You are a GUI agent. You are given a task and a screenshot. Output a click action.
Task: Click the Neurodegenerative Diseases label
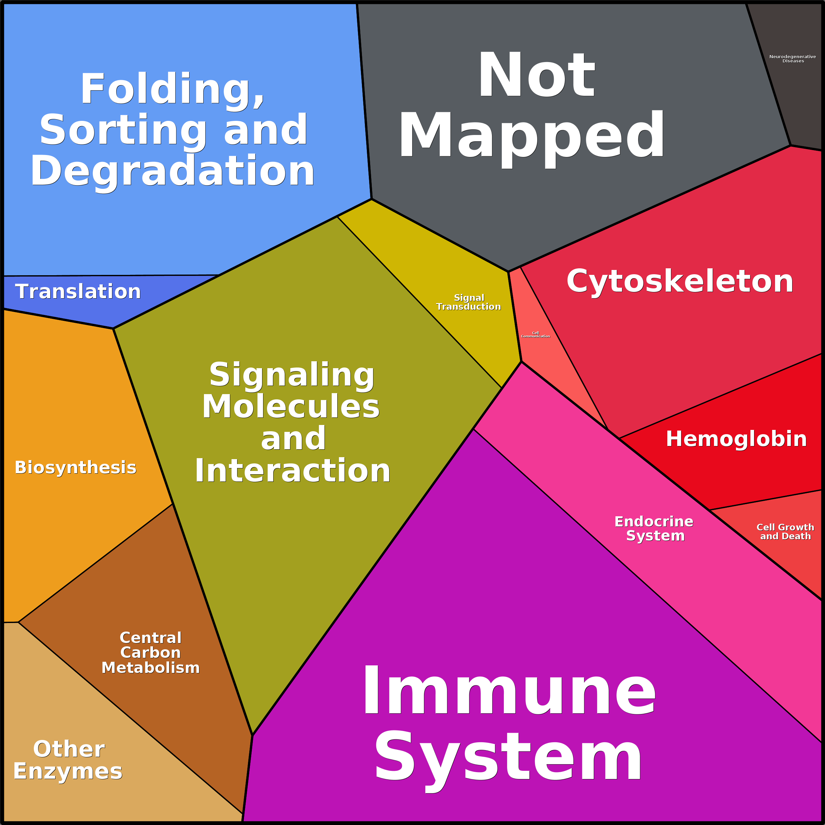click(x=792, y=59)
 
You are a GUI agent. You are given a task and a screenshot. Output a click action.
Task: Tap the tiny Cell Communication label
click(x=535, y=335)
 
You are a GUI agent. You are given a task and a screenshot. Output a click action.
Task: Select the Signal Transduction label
click(x=468, y=302)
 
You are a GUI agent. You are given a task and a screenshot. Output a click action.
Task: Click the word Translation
click(x=78, y=292)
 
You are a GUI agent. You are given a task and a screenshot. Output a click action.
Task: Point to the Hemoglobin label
click(x=736, y=439)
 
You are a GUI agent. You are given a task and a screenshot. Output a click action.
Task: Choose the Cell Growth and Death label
click(x=785, y=532)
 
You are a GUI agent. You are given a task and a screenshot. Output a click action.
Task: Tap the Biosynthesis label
click(x=76, y=468)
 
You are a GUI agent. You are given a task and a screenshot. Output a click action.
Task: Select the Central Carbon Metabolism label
click(x=151, y=653)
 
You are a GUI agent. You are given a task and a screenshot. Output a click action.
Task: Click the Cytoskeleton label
click(x=680, y=282)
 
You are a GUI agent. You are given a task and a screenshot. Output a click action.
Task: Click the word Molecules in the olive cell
click(x=291, y=407)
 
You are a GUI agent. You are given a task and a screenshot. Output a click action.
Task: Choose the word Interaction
click(x=293, y=471)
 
